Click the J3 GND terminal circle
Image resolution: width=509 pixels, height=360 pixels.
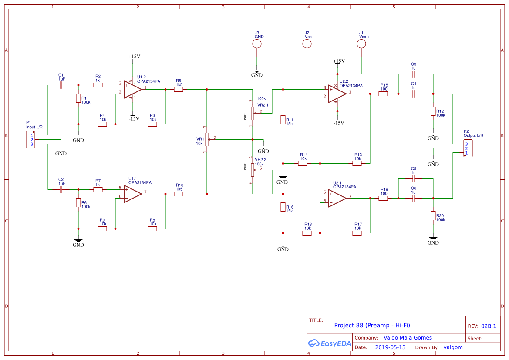click(257, 44)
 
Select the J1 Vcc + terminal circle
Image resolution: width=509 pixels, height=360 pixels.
click(361, 44)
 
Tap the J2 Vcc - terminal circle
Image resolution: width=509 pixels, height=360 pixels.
click(307, 44)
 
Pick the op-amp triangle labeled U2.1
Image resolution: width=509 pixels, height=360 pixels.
click(337, 198)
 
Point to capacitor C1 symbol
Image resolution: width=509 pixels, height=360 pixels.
click(61, 85)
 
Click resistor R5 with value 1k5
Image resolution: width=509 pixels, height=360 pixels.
click(179, 89)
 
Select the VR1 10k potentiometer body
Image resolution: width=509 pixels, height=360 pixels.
click(207, 139)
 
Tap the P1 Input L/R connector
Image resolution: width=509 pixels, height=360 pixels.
click(30, 140)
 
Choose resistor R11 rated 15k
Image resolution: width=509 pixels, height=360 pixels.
click(283, 120)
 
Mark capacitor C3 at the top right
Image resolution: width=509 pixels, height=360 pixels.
click(414, 74)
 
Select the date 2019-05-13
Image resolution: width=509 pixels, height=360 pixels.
click(390, 347)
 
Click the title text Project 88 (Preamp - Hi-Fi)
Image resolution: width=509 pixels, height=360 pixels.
click(372, 325)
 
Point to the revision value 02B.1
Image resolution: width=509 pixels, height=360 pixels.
click(489, 326)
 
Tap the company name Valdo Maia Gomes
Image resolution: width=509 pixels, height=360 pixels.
click(408, 337)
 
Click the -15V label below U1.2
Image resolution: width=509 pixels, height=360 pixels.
click(134, 118)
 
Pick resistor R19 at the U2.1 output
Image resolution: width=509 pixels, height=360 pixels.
click(383, 198)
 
